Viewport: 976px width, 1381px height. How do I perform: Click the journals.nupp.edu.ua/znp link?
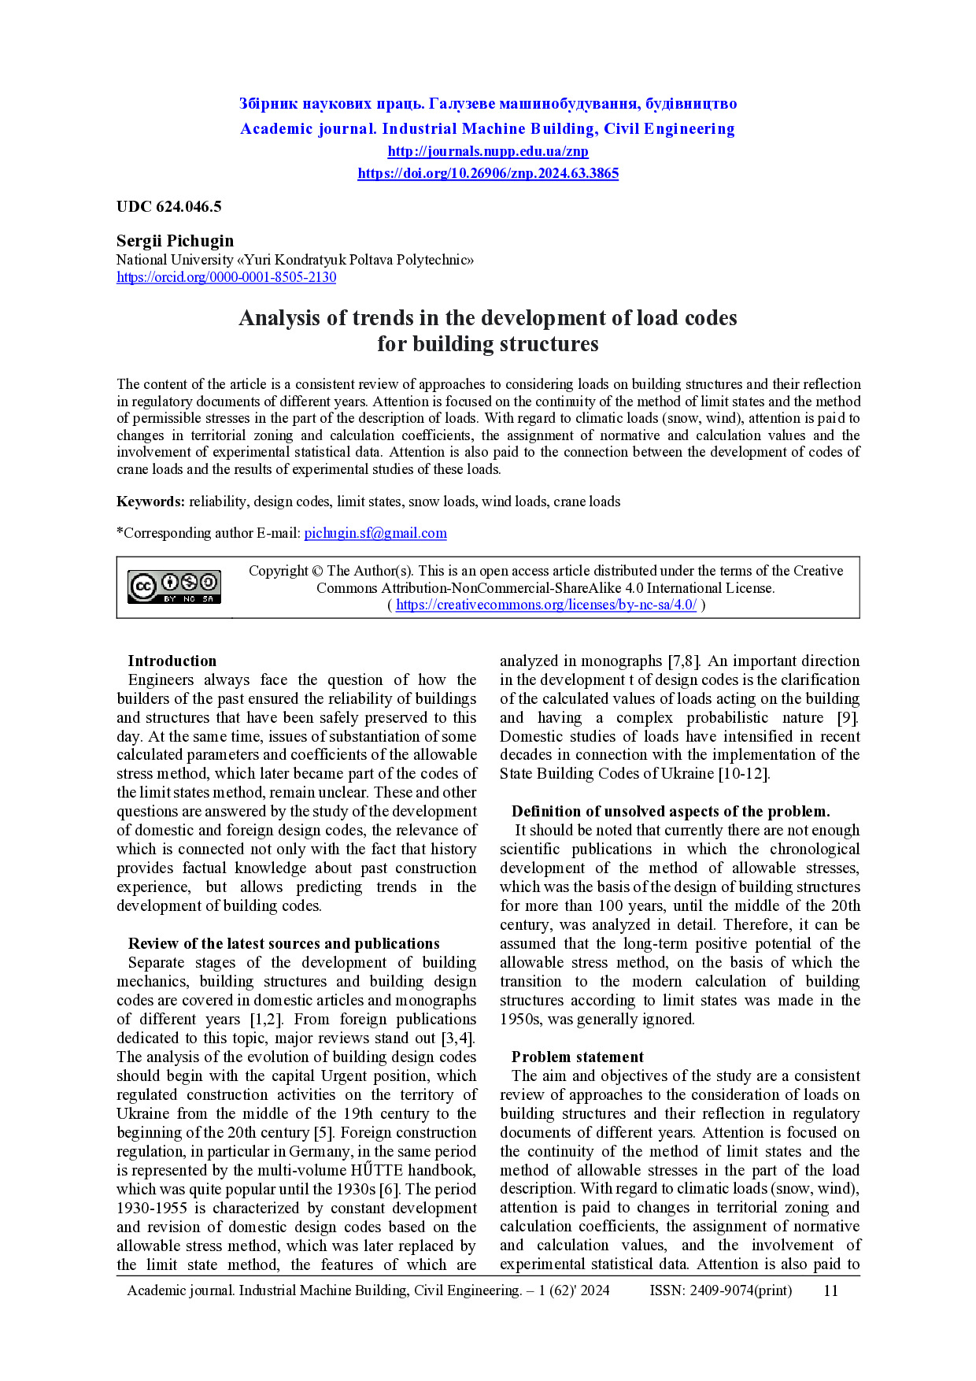click(487, 151)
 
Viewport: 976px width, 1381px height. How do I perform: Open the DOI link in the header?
click(487, 173)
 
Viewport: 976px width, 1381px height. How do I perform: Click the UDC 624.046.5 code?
click(168, 207)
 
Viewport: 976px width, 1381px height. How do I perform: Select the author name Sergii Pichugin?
click(175, 241)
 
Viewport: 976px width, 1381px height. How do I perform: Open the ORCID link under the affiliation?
click(226, 277)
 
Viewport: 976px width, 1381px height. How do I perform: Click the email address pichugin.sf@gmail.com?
click(375, 533)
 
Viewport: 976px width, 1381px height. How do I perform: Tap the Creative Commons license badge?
click(174, 587)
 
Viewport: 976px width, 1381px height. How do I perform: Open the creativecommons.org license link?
click(545, 605)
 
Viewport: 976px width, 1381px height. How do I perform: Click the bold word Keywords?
click(150, 502)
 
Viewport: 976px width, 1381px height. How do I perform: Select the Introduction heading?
click(172, 661)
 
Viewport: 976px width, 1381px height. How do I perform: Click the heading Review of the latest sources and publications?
click(283, 944)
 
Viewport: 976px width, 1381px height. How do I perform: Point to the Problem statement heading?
click(577, 1057)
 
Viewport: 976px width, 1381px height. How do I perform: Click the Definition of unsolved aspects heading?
click(670, 812)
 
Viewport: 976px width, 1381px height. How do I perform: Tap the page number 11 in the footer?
click(830, 1290)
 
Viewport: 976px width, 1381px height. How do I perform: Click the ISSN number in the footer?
click(720, 1290)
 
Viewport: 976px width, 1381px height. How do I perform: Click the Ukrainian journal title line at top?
click(487, 104)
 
